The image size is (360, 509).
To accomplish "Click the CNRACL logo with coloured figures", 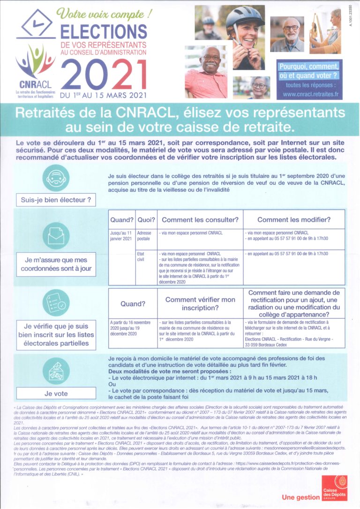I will (35, 61).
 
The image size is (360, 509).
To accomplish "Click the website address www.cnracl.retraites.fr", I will (310, 94).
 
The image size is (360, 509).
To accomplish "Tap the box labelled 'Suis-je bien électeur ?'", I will (55, 200).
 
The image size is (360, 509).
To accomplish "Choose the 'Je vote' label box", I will (55, 393).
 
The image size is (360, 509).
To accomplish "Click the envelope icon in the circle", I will (56, 234).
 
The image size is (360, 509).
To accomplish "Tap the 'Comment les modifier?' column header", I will (294, 220).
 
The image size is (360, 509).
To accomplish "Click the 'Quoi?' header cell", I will (146, 220).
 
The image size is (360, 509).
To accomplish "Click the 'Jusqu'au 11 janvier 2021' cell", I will (121, 236).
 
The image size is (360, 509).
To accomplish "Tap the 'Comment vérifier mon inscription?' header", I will (200, 304).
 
